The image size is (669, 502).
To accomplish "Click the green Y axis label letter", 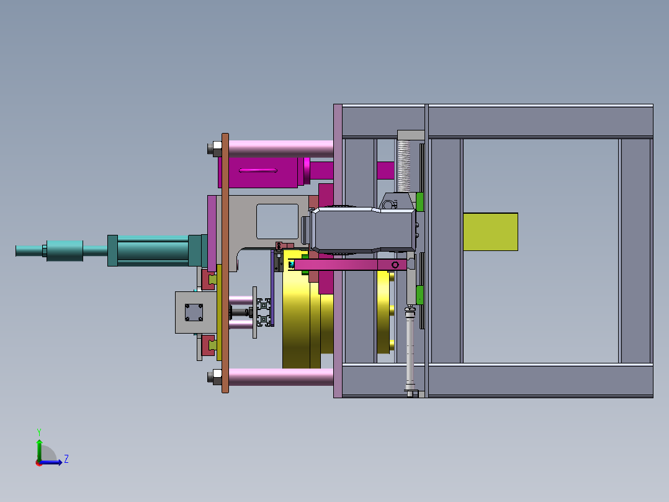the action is click(x=39, y=432).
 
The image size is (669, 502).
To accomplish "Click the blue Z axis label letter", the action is click(x=66, y=459).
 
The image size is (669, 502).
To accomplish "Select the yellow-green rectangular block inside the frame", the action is click(x=490, y=232).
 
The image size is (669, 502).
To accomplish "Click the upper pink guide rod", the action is click(x=281, y=149).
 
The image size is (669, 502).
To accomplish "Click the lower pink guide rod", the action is click(x=281, y=377).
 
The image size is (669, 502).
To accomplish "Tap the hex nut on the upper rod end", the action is click(x=217, y=149).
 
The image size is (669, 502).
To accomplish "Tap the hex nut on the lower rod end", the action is click(x=217, y=377).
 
